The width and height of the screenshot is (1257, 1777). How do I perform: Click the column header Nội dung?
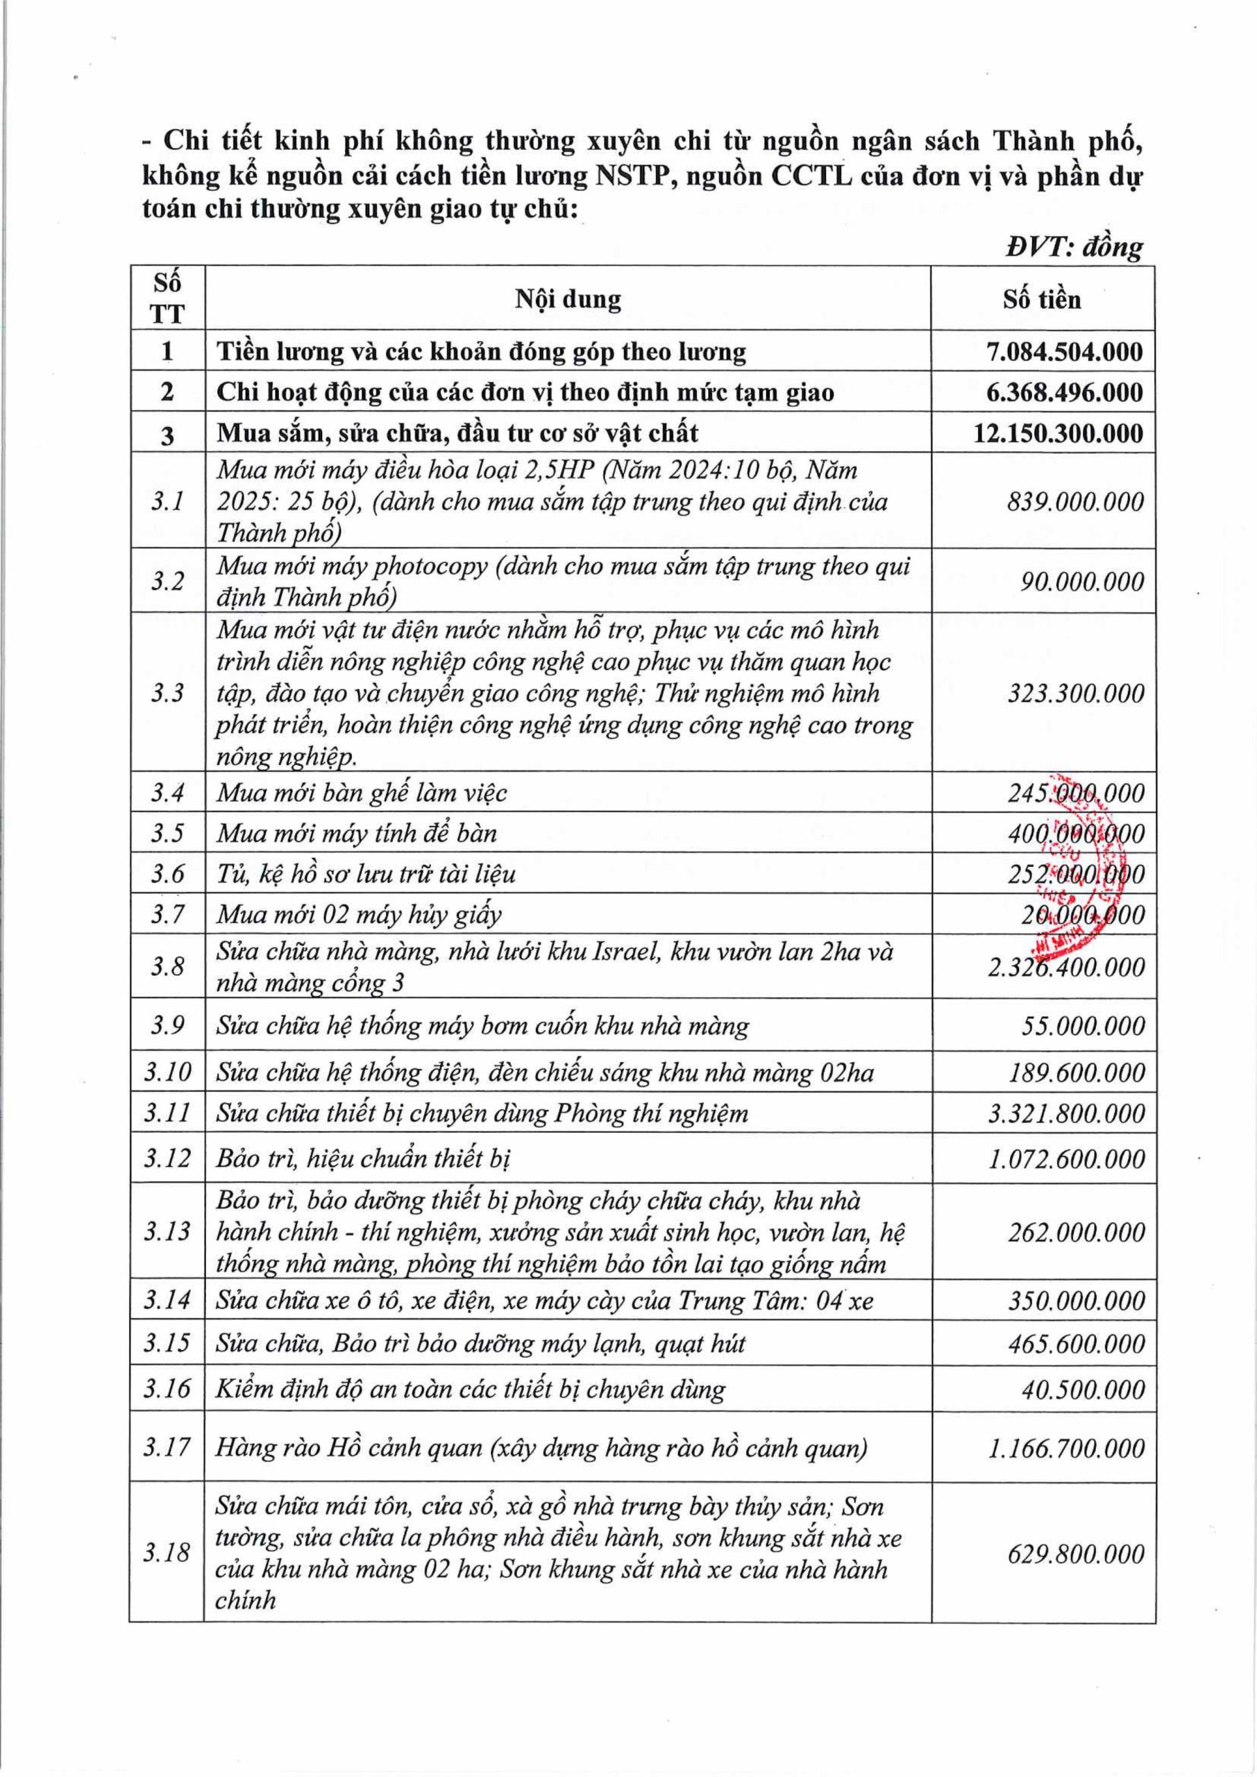568,299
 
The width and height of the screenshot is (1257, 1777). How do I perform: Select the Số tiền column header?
1041,299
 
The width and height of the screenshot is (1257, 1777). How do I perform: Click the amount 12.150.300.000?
1058,432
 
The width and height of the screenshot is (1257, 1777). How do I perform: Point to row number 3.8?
167,967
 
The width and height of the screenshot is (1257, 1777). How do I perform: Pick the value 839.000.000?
1074,502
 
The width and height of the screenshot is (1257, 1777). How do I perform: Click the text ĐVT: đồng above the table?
1074,247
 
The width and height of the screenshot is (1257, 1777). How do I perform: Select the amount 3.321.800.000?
1066,1113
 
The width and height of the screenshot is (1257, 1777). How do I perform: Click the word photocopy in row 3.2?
430,566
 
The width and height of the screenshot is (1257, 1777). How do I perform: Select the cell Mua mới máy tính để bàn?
356,834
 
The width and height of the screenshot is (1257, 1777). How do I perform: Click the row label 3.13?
167,1231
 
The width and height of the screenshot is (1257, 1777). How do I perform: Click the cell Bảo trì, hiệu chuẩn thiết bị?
363,1159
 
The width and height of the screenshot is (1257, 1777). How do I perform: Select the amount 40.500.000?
1082,1389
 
